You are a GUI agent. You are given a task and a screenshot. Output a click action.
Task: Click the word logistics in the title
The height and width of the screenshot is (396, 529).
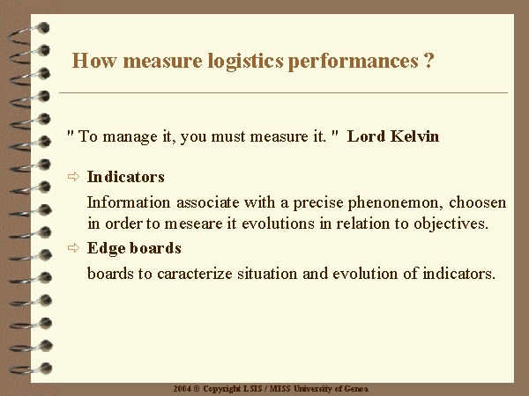[x=245, y=62]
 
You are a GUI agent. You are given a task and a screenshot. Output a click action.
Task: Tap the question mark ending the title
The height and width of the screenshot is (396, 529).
[x=428, y=60]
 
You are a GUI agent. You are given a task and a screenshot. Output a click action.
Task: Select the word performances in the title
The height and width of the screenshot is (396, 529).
[x=354, y=62]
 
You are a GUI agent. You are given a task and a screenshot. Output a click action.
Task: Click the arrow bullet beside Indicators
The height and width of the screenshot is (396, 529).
[x=73, y=177]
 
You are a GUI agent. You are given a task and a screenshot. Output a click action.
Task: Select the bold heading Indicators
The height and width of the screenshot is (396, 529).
[x=125, y=177]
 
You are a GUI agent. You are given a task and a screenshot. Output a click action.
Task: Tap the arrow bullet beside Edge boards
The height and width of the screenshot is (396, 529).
[x=73, y=248]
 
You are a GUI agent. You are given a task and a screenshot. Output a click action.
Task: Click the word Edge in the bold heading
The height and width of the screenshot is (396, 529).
[x=106, y=248]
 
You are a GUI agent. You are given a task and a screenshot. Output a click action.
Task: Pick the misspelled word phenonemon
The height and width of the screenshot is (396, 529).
[x=395, y=203]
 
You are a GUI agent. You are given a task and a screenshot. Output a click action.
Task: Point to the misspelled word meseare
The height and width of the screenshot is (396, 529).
[x=193, y=224]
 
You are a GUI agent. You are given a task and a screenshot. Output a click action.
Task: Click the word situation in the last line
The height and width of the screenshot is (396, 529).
[x=267, y=274]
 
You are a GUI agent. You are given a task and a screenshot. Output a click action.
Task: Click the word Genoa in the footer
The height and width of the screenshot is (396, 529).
[x=356, y=389]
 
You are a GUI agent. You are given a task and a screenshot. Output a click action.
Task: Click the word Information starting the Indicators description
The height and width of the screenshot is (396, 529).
[x=129, y=202]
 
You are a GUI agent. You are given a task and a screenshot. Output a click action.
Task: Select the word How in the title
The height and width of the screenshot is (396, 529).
[x=94, y=61]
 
